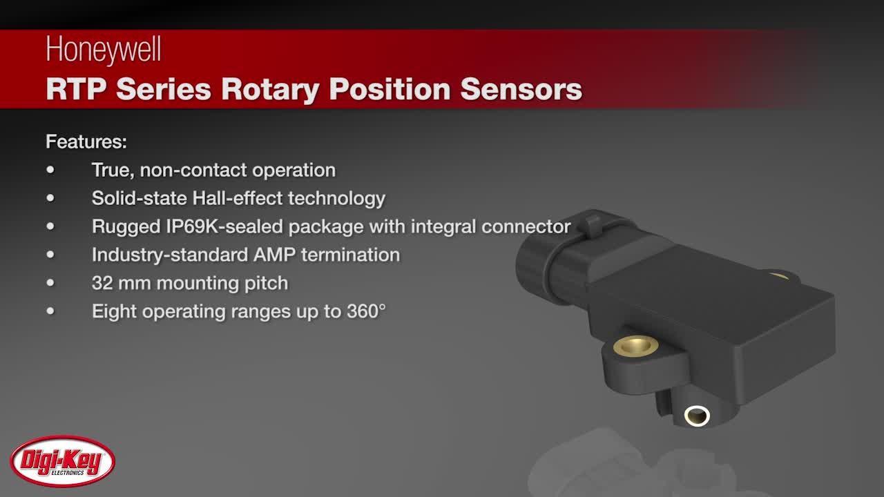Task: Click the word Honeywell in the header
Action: (x=103, y=51)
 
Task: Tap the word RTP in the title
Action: (x=75, y=90)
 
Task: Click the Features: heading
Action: (x=86, y=142)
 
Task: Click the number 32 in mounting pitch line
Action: (x=102, y=283)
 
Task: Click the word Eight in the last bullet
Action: (x=113, y=311)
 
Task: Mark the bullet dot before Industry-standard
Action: (x=50, y=255)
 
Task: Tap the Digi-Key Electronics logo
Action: (x=62, y=461)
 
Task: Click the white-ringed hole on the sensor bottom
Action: (x=696, y=416)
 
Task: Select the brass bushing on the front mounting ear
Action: (x=635, y=345)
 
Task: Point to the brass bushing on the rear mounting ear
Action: (x=779, y=275)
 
